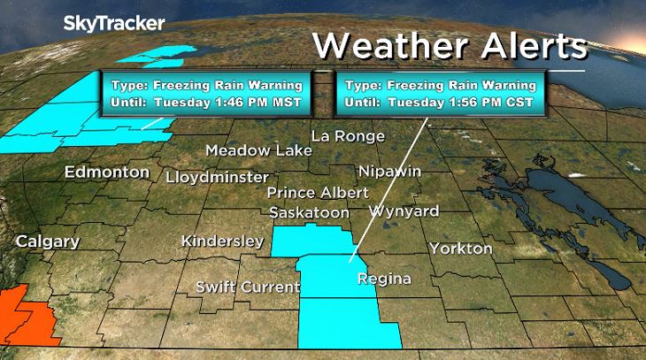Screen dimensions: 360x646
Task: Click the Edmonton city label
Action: (106, 172)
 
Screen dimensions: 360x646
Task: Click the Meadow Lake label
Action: (258, 150)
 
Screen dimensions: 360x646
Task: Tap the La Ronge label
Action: (349, 136)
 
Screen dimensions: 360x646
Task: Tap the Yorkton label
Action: (460, 249)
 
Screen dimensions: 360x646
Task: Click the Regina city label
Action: (383, 280)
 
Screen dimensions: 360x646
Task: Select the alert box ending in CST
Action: (442, 93)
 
